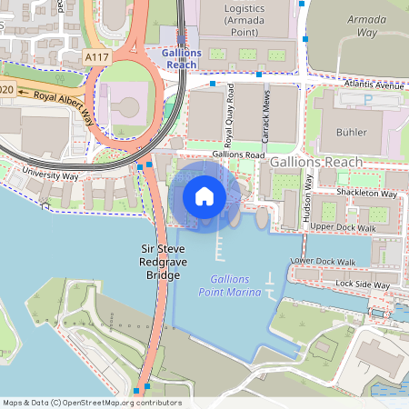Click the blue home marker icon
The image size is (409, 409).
point(204,195)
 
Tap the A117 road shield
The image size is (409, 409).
point(98,57)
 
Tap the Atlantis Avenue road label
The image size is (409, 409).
point(374,86)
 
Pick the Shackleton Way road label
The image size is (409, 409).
point(365,194)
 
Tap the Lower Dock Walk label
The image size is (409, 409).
point(323,262)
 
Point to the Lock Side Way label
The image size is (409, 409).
point(362,284)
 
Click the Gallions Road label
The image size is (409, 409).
point(239,155)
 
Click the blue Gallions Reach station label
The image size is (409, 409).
point(180,59)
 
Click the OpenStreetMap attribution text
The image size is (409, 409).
point(92,403)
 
